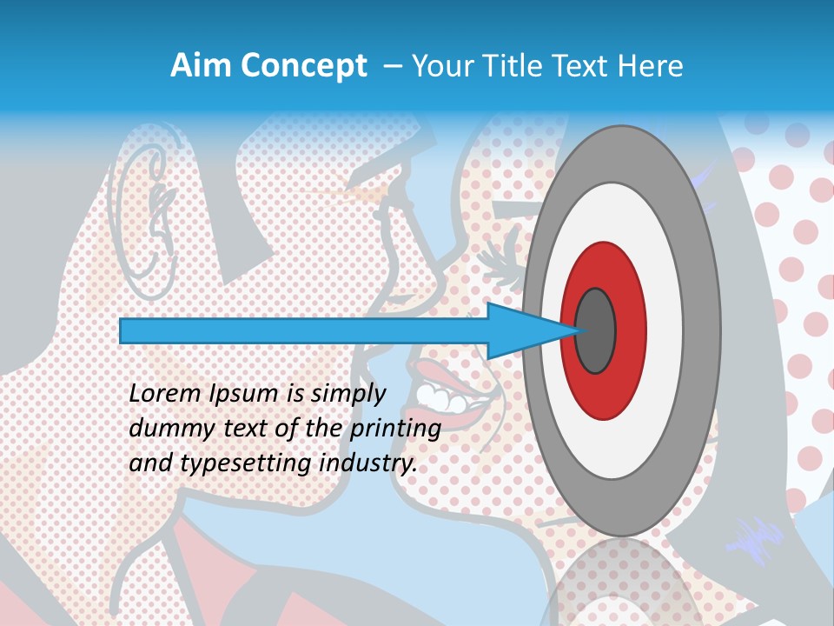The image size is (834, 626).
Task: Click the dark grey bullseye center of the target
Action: [x=595, y=330]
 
